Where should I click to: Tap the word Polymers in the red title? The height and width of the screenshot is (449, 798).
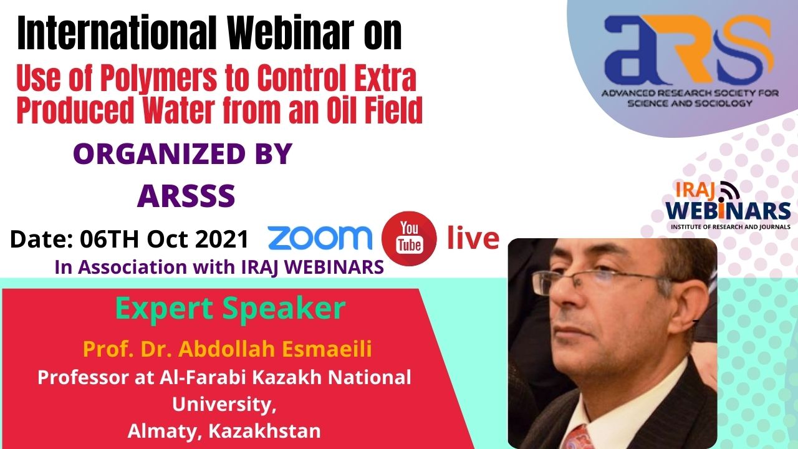(x=158, y=78)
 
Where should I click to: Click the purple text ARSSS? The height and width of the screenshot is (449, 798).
(x=186, y=196)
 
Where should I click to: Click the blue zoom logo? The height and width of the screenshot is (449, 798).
(x=320, y=238)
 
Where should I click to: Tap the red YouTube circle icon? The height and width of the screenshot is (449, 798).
(x=409, y=238)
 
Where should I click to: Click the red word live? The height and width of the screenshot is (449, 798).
(x=473, y=237)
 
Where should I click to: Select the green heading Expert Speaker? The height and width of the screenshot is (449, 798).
(x=231, y=309)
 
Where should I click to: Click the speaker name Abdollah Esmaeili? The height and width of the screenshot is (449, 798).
(x=275, y=349)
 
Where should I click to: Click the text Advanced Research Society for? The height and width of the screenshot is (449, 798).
(x=690, y=94)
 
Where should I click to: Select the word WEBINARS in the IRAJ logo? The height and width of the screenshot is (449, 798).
(x=728, y=210)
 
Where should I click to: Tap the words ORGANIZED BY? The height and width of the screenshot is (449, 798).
(x=183, y=154)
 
